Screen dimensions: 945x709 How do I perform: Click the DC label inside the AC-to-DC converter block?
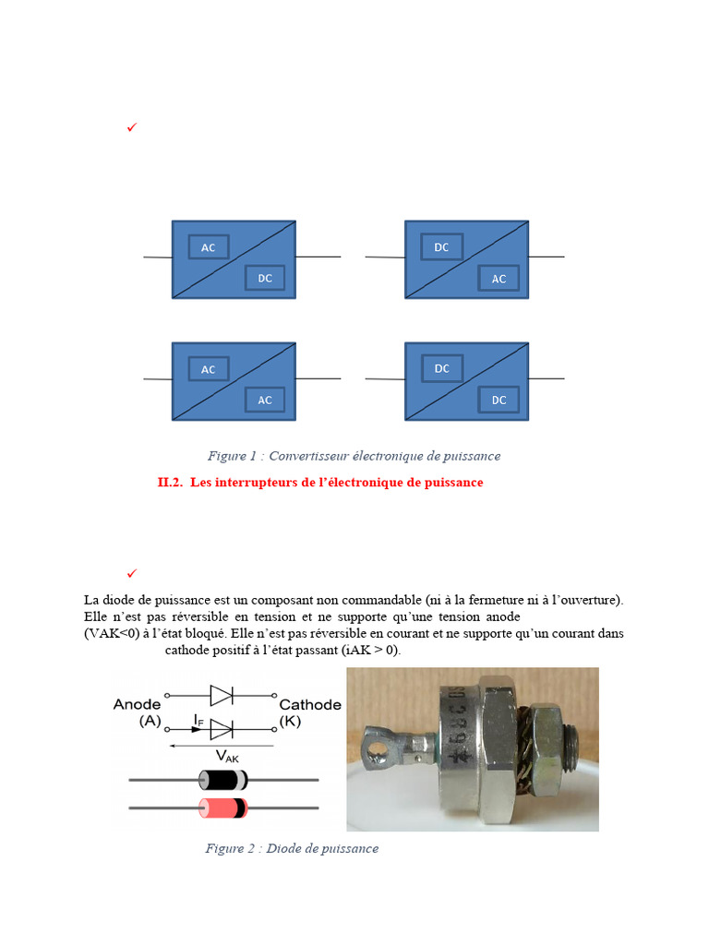265,278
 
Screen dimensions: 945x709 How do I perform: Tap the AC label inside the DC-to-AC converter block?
499,278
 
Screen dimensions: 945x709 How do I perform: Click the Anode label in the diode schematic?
137,704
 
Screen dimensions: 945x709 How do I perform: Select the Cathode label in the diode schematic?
310,704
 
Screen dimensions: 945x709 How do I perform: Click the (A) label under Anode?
150,722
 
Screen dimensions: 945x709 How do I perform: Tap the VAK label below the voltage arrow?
226,756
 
